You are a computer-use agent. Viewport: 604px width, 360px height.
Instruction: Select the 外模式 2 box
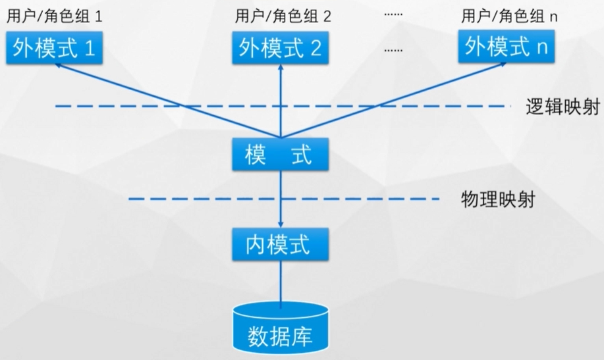(281, 48)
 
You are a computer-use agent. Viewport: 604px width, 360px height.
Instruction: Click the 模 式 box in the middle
(281, 155)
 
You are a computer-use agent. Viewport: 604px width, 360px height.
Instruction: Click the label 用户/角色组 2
(283, 16)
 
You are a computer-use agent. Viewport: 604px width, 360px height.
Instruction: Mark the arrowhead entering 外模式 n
(503, 66)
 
